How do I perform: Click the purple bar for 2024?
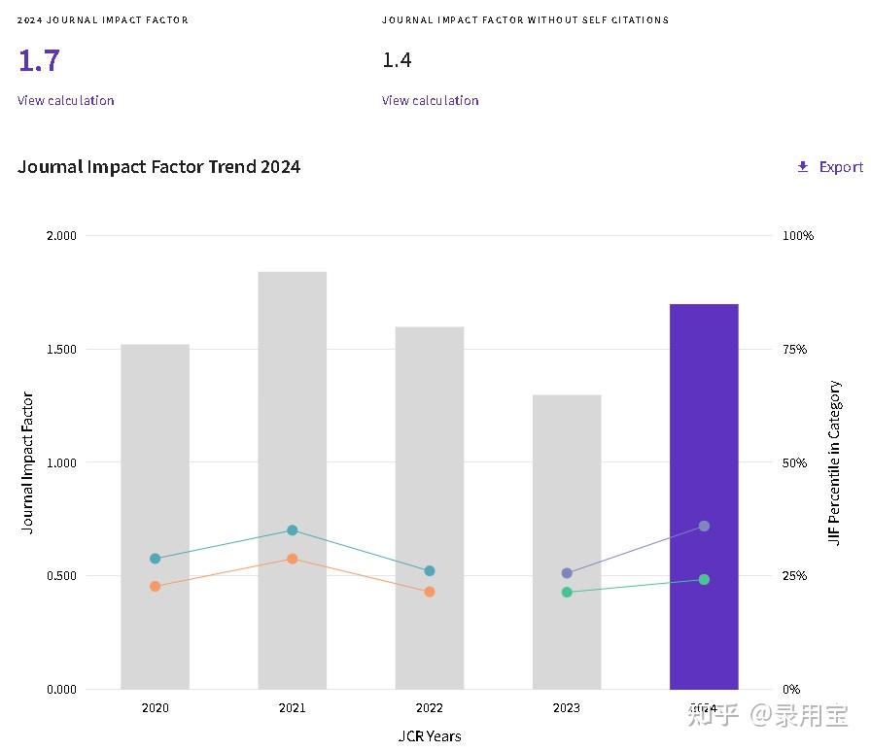coord(704,496)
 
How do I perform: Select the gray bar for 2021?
coord(293,480)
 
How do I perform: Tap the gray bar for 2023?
coord(567,542)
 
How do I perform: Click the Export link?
coord(830,166)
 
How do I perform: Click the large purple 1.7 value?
coord(39,60)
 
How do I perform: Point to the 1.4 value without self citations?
coord(397,60)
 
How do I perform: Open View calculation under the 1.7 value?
coord(65,100)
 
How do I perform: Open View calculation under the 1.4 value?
coord(430,100)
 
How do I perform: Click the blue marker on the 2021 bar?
coord(293,530)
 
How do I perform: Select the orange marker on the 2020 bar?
coord(155,586)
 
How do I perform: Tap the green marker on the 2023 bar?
coord(567,593)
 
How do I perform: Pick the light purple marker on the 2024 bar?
coord(704,526)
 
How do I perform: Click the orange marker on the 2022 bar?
coord(430,592)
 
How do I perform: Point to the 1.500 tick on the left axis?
coord(61,349)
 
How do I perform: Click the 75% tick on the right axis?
coord(794,349)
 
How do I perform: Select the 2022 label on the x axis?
coord(430,707)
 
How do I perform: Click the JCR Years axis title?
coord(430,736)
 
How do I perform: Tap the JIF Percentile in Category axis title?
coord(834,462)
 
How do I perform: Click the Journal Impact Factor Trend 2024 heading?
coord(158,166)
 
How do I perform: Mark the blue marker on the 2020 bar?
coord(155,559)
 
